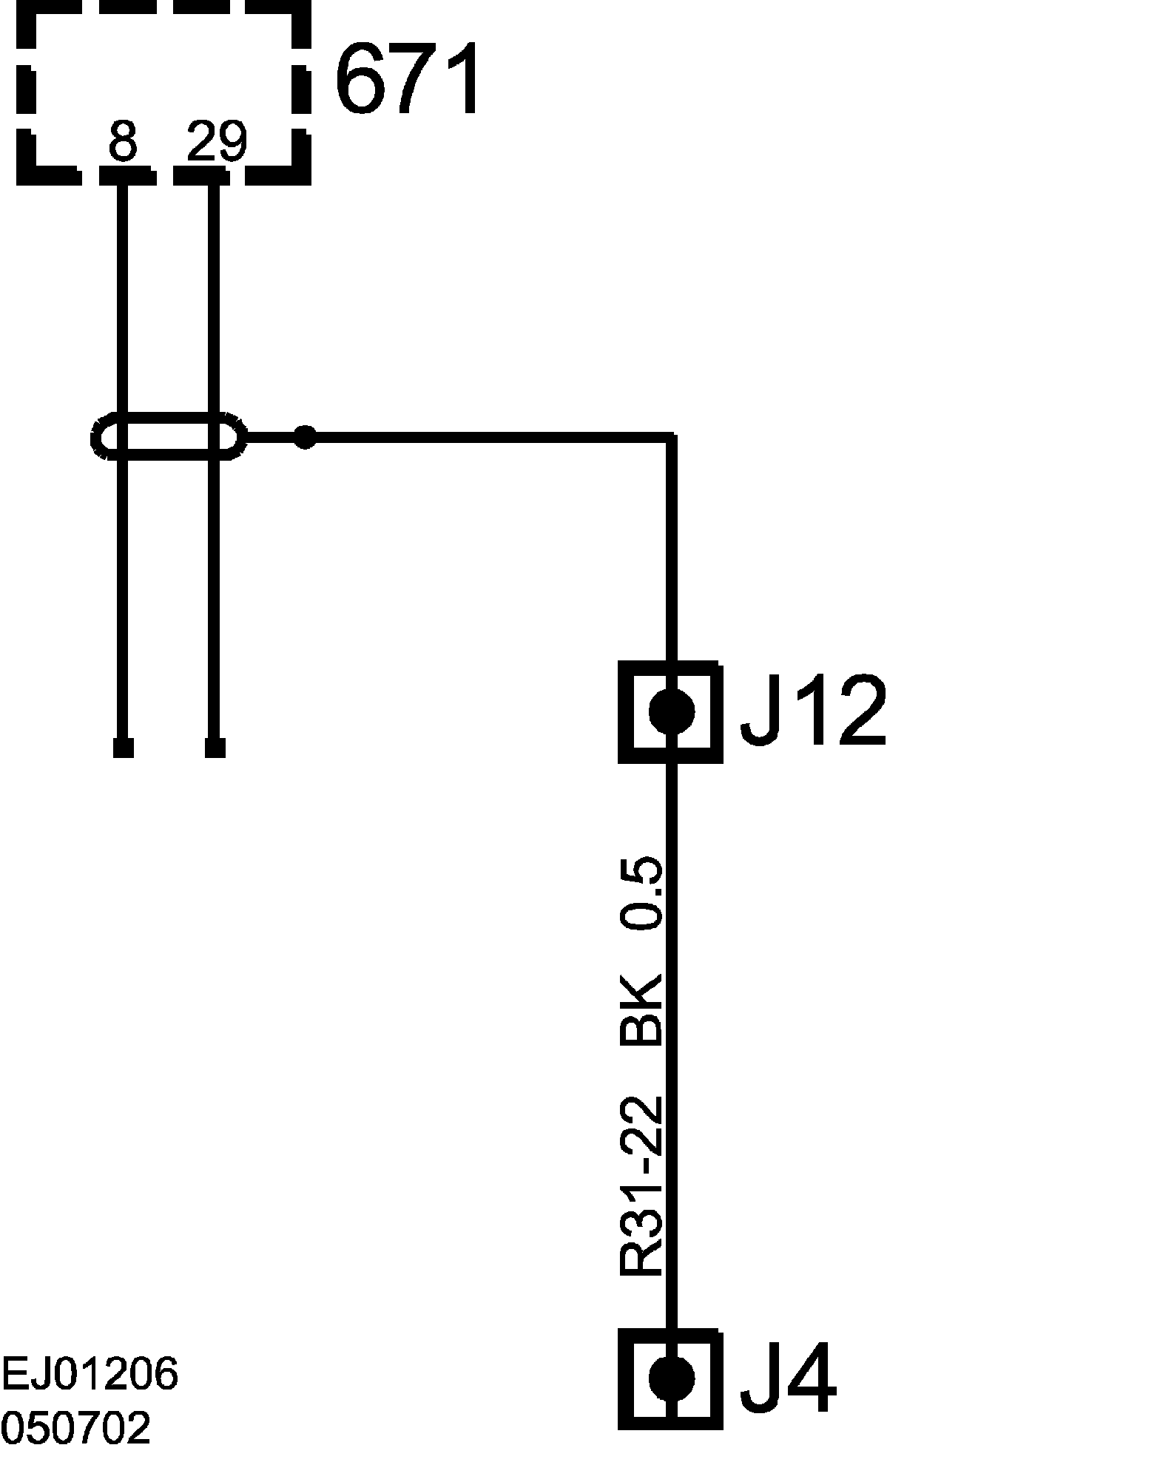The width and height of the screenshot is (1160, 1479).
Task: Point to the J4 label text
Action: (787, 1377)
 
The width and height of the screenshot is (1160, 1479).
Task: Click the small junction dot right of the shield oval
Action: (305, 437)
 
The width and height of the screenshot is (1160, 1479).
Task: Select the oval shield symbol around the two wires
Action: (169, 437)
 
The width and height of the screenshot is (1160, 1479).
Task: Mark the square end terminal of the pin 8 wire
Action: (124, 748)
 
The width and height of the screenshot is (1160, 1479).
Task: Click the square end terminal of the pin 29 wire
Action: (215, 748)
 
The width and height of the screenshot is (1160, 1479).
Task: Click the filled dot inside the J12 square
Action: (672, 711)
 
